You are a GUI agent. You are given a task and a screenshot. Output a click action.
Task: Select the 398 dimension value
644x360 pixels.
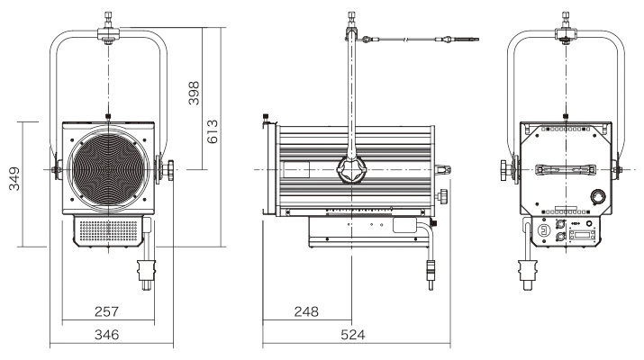pyautogui.click(x=192, y=94)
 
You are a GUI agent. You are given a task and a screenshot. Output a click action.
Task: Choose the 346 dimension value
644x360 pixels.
pyautogui.click(x=109, y=334)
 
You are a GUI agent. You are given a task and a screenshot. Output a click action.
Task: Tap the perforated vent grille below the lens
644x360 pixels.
pyautogui.click(x=107, y=232)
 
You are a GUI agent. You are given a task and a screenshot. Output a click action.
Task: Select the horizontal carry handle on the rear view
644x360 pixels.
pyautogui.click(x=564, y=169)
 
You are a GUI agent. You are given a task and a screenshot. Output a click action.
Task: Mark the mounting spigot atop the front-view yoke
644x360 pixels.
pyautogui.click(x=108, y=20)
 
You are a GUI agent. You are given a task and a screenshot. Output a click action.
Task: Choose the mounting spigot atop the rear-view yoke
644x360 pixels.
pyautogui.click(x=565, y=20)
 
